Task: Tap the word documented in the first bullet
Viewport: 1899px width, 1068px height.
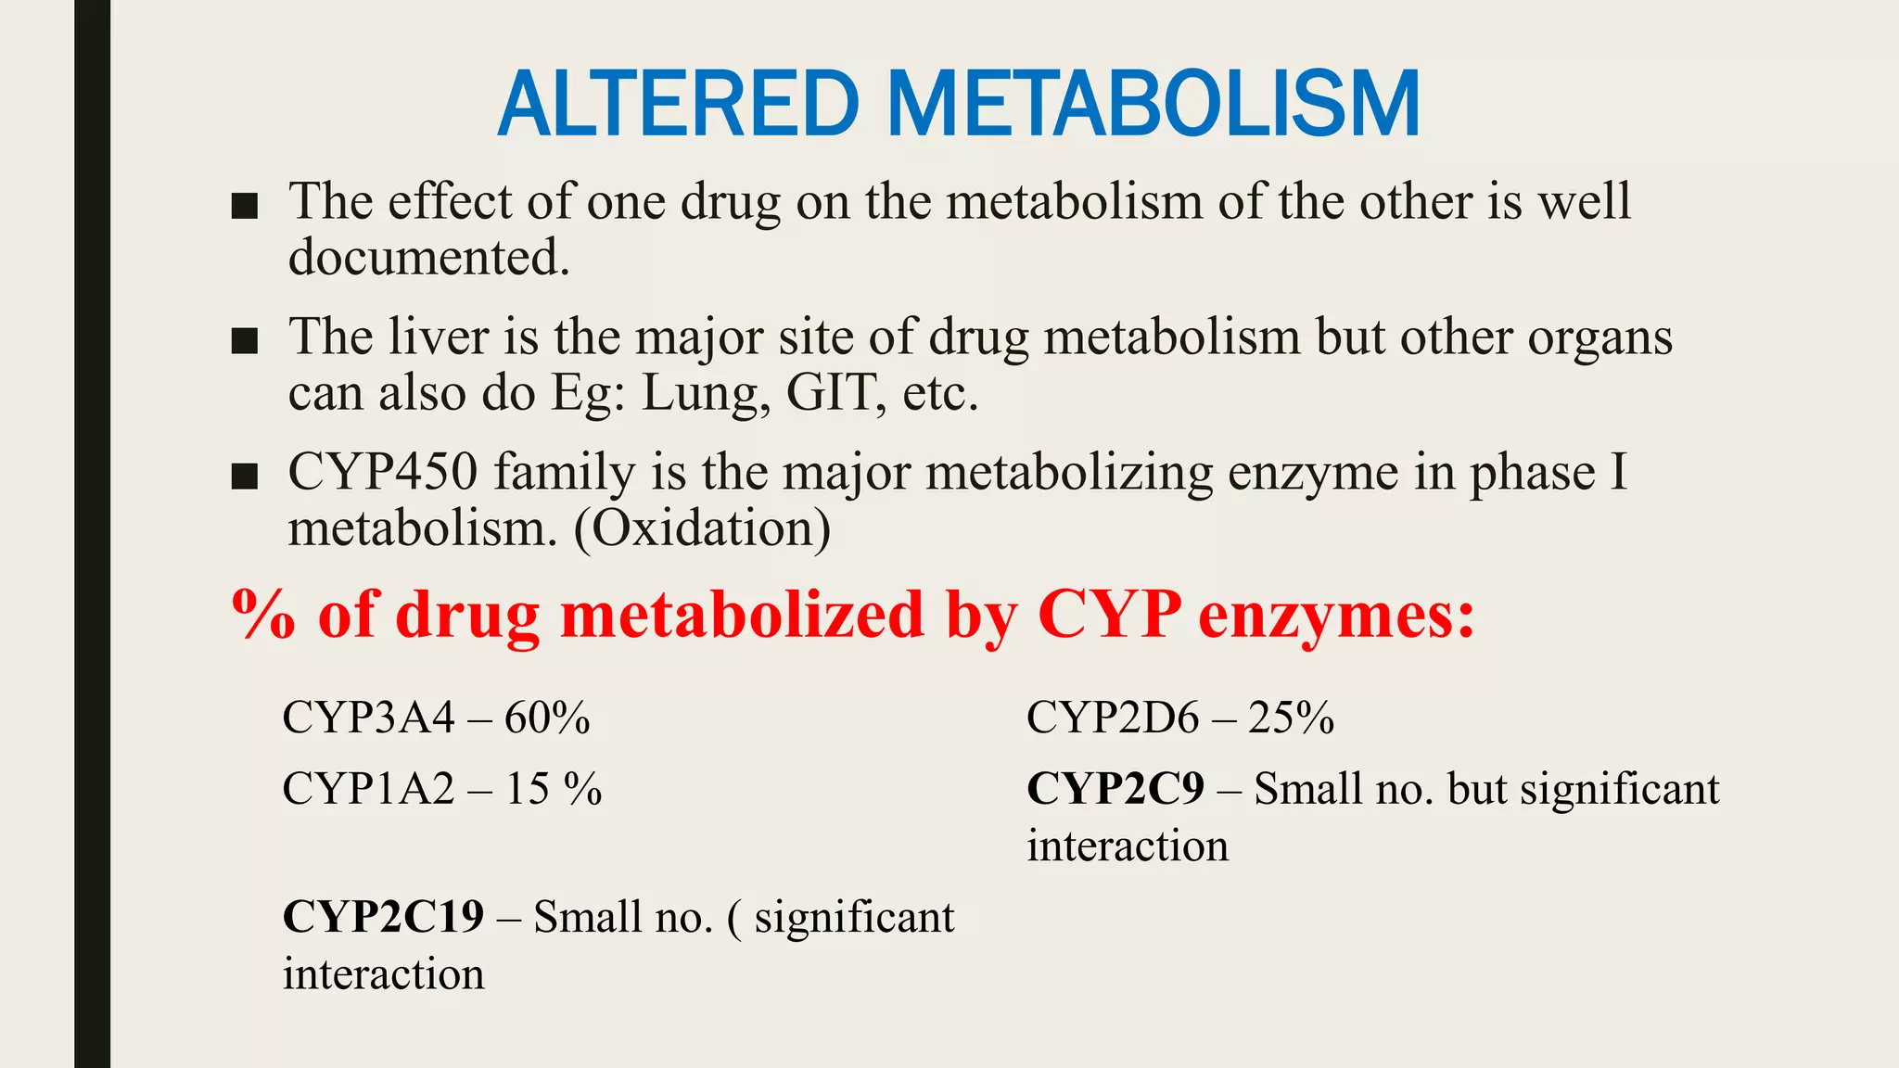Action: click(x=428, y=258)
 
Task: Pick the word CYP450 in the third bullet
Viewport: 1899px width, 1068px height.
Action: click(x=383, y=472)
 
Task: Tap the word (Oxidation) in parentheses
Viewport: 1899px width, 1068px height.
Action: click(x=702, y=529)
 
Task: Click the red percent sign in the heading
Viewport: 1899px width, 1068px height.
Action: click(x=263, y=615)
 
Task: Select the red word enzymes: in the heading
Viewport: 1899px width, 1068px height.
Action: click(x=1336, y=615)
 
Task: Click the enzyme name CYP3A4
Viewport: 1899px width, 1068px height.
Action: click(x=369, y=718)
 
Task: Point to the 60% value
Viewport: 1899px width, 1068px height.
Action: click(x=547, y=718)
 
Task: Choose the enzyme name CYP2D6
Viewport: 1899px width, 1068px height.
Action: click(x=1113, y=718)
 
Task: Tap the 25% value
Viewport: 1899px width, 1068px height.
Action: click(x=1291, y=718)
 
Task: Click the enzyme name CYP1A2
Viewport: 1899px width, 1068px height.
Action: click(x=369, y=789)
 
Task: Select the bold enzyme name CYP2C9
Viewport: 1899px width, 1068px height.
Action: click(x=1115, y=789)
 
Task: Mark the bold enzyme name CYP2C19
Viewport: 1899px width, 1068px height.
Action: click(x=383, y=917)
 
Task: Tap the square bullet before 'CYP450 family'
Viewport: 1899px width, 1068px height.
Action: click(x=244, y=477)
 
